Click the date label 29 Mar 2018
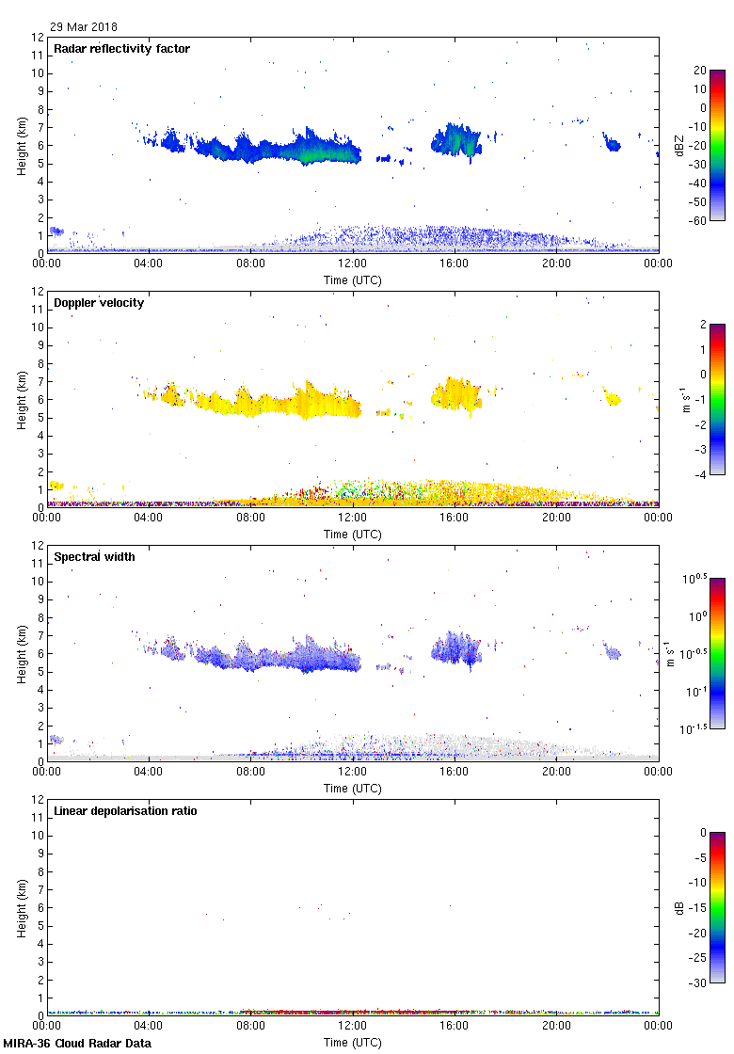(x=84, y=27)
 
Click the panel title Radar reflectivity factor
(x=122, y=48)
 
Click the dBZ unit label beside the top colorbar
(x=679, y=145)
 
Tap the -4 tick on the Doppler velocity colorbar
(x=701, y=474)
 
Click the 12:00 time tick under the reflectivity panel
(x=352, y=264)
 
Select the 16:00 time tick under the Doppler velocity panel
(x=455, y=519)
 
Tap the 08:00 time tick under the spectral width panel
(x=250, y=773)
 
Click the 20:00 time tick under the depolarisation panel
(x=556, y=1027)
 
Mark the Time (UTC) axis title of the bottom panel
(x=352, y=1042)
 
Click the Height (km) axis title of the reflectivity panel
(x=22, y=145)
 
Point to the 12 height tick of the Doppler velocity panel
(x=39, y=292)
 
